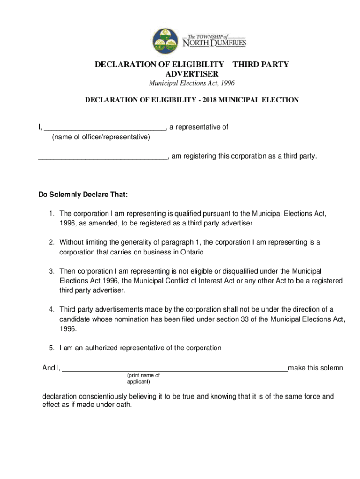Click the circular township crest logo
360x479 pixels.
[165, 41]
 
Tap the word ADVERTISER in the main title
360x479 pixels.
[192, 74]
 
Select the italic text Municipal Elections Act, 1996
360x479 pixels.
[192, 83]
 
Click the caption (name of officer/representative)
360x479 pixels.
[101, 137]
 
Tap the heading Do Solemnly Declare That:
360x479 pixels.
[83, 194]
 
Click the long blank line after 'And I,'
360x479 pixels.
[175, 368]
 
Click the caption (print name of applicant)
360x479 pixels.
[143, 378]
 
